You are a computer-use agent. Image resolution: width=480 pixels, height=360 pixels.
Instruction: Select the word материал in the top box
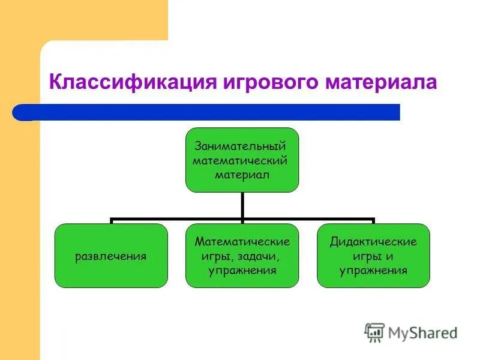coord(242,175)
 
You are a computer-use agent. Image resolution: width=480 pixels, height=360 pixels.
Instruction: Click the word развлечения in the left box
coord(111,256)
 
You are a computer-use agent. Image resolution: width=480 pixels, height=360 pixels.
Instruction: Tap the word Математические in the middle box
coord(242,242)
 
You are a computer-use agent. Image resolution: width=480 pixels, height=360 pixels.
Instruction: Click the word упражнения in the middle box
coord(242,271)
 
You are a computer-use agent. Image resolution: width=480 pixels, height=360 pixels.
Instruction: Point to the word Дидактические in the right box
coord(373,242)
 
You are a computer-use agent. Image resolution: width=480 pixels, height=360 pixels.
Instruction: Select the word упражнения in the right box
coord(373,271)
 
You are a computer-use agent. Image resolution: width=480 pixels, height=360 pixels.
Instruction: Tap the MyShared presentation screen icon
coord(374,332)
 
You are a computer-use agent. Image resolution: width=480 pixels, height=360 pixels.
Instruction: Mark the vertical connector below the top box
coord(242,205)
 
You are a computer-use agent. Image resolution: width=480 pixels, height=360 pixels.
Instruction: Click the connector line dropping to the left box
coord(111,221)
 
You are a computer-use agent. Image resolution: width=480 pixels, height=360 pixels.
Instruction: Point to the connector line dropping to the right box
coord(373,221)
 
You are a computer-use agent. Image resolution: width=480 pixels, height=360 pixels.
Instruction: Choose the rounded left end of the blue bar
coord(18,112)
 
